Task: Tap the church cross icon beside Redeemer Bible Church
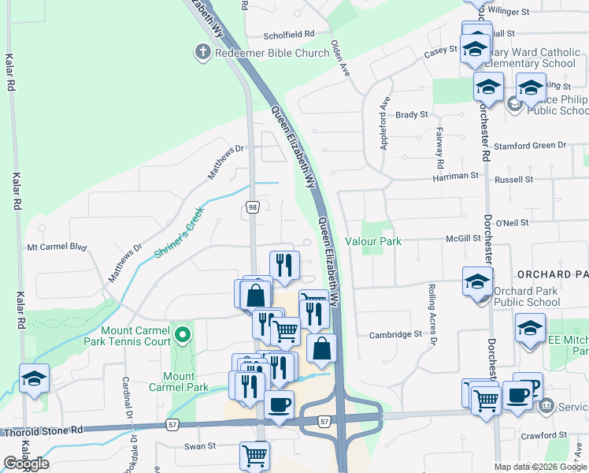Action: [x=202, y=53]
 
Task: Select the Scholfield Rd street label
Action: [x=289, y=35]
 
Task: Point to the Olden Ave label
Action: [x=340, y=57]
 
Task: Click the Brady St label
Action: [x=411, y=114]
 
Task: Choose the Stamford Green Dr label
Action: [x=529, y=146]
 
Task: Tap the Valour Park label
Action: [x=373, y=241]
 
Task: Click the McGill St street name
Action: [x=463, y=238]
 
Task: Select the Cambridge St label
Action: [x=395, y=334]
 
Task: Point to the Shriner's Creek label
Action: [x=179, y=232]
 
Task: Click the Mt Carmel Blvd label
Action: [x=56, y=247]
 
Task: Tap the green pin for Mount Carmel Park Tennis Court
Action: [x=183, y=336]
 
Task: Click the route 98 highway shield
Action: [x=252, y=207]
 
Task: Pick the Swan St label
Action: [x=200, y=446]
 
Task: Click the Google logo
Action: [x=26, y=464]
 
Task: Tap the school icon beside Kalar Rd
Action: [x=34, y=379]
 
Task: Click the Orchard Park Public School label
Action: [x=527, y=296]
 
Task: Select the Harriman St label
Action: [x=456, y=177]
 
